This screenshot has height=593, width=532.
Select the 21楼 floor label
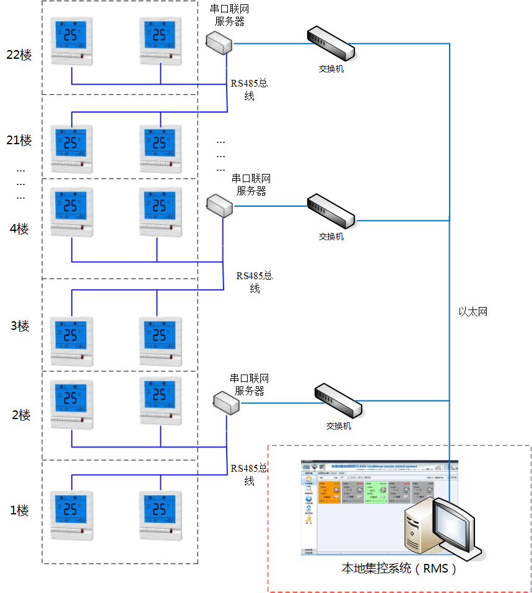[19, 141]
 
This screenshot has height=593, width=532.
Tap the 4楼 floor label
[19, 229]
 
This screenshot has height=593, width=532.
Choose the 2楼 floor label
[21, 415]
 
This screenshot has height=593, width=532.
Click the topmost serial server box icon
[219, 41]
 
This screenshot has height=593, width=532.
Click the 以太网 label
[473, 312]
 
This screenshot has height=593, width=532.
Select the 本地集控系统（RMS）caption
[399, 568]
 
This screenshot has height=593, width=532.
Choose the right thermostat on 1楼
[160, 516]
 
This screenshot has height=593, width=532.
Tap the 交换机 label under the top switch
[327, 69]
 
